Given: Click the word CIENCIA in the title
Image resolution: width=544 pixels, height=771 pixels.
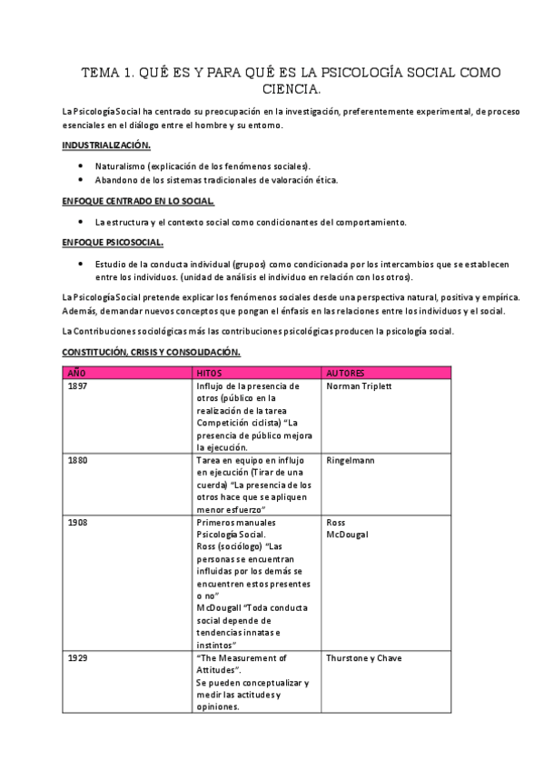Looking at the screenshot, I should (x=291, y=90).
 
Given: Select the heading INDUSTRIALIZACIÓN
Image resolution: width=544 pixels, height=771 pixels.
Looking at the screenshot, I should (x=106, y=145).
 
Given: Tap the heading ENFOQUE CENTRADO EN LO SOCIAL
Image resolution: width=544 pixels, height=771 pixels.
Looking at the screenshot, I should (x=138, y=200).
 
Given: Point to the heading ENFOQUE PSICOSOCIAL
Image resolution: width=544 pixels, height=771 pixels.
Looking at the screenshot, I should (x=113, y=242).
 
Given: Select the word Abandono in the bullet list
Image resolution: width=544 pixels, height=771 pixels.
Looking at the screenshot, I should (x=115, y=179).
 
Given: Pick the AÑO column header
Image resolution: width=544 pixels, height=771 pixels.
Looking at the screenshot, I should (x=77, y=372).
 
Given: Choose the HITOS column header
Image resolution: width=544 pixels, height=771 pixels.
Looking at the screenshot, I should (x=209, y=372).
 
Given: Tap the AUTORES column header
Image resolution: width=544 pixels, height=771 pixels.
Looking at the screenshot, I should (x=346, y=372).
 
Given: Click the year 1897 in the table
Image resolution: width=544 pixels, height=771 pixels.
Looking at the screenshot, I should (x=78, y=385).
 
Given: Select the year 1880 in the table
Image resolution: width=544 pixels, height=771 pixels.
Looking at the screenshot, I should (x=78, y=460).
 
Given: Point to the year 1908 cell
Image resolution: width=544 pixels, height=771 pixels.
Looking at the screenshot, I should (x=78, y=523).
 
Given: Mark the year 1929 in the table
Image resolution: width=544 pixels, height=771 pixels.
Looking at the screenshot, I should (x=78, y=657).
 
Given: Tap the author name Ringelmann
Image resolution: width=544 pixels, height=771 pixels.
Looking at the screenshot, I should (x=350, y=460).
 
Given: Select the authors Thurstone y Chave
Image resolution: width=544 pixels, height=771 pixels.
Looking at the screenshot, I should (x=363, y=657).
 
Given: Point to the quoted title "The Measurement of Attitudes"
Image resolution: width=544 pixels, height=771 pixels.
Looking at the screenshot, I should (x=242, y=664).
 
